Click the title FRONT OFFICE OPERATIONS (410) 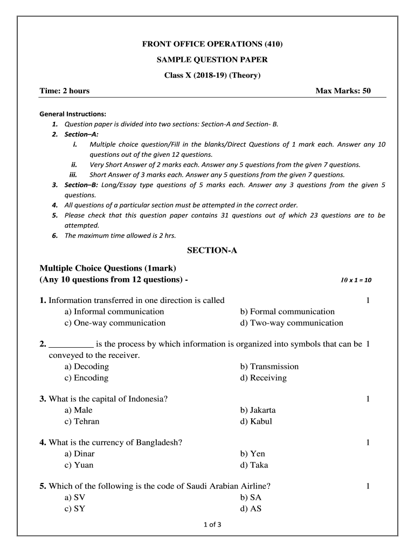[212, 44]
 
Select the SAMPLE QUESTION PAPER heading [212, 60]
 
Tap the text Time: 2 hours [65, 91]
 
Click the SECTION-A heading [212, 250]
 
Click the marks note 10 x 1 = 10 [356, 280]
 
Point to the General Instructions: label [73, 114]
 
